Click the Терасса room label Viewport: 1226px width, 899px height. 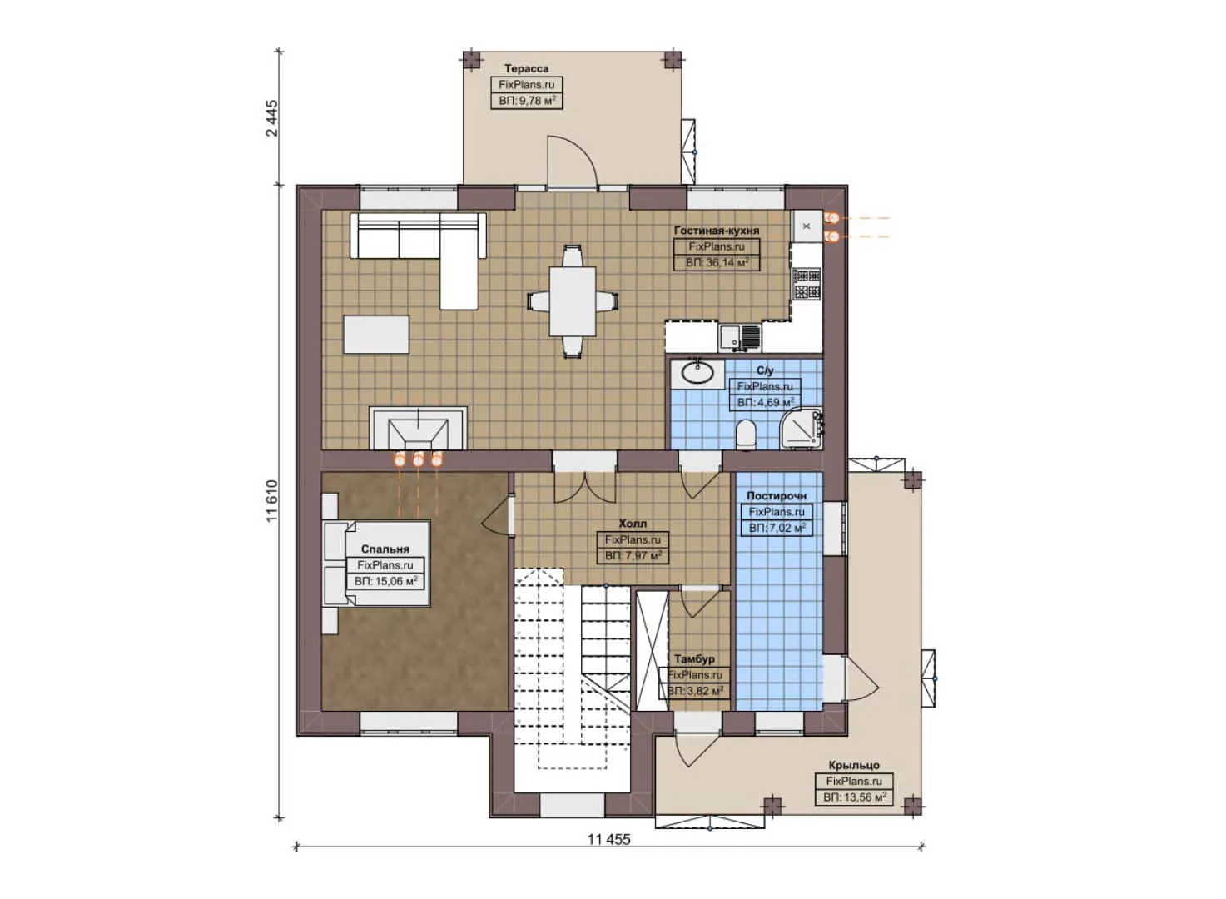pos(526,68)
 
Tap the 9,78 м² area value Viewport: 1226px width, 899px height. pos(527,101)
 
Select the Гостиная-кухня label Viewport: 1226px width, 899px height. pos(716,231)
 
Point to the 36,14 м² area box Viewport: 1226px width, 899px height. pos(717,262)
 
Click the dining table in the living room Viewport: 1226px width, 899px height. pos(572,300)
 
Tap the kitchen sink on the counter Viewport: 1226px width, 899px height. pos(731,336)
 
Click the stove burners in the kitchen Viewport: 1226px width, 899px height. pos(806,283)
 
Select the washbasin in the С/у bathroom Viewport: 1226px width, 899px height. pos(696,372)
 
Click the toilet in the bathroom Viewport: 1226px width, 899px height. pos(747,434)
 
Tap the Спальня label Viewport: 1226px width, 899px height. pos(385,549)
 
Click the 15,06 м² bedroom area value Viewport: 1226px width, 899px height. pos(385,581)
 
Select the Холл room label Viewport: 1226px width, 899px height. pos(633,524)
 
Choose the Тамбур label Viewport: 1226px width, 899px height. pos(694,659)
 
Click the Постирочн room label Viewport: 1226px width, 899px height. pos(776,496)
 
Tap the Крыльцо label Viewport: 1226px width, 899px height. pos(853,765)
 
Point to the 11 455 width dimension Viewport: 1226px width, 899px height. pos(608,839)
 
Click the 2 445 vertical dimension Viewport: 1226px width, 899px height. pos(272,118)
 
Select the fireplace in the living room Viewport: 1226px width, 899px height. pos(418,429)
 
